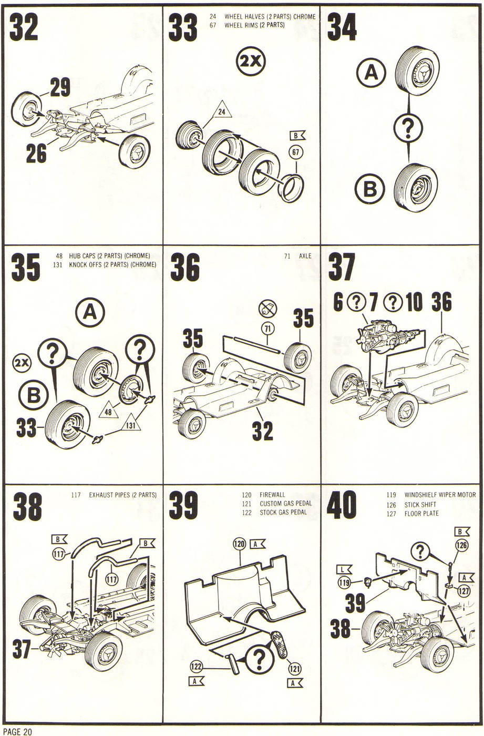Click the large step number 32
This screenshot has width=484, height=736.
coord(24,27)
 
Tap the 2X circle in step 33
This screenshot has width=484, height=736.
coord(251,62)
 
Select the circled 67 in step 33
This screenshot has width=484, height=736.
coord(296,153)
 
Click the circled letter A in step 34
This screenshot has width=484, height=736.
coord(371,73)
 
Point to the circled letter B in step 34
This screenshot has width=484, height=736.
coord(370,189)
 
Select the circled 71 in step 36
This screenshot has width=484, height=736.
coord(268,329)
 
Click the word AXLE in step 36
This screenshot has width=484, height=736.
coord(305,256)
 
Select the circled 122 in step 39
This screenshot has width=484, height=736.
coord(196,667)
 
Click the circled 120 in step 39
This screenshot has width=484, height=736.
coord(240,545)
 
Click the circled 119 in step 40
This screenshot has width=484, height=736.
coord(345,582)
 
